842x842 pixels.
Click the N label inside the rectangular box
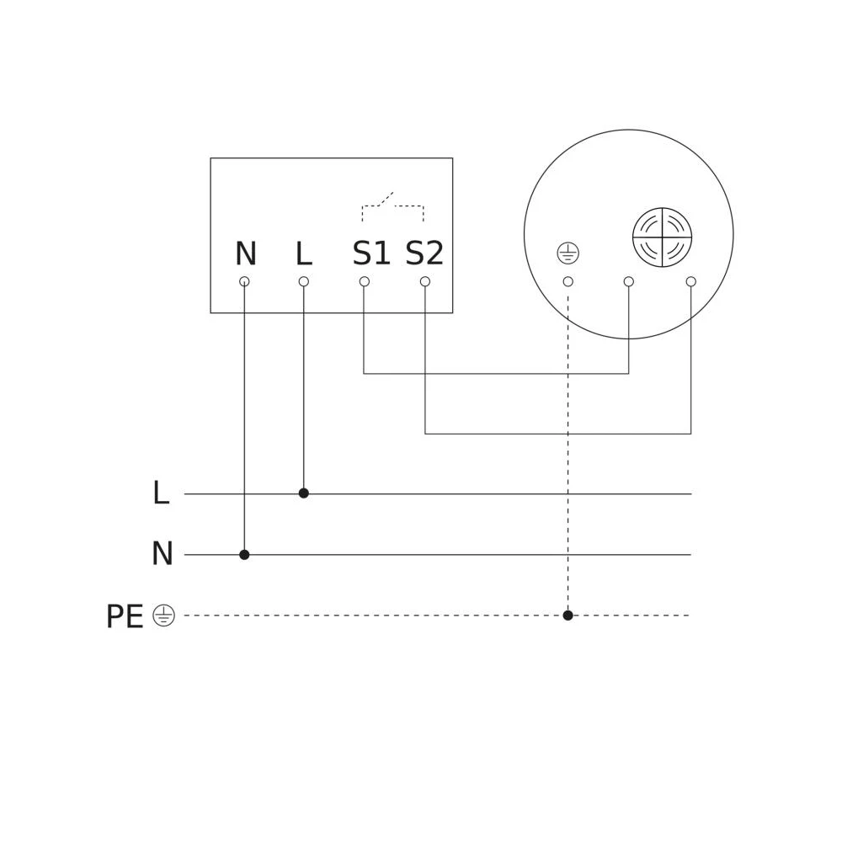tap(246, 253)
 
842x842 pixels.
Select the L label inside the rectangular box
tap(304, 253)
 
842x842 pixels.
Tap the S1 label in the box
tap(371, 253)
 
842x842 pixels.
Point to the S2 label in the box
tap(424, 253)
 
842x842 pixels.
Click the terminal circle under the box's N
tap(244, 281)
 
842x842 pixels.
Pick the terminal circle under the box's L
tap(303, 281)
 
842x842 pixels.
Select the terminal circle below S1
tap(364, 281)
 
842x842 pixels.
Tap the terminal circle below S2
tap(424, 281)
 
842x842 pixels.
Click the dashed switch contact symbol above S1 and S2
tap(393, 206)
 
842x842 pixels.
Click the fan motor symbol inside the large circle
tap(662, 237)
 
